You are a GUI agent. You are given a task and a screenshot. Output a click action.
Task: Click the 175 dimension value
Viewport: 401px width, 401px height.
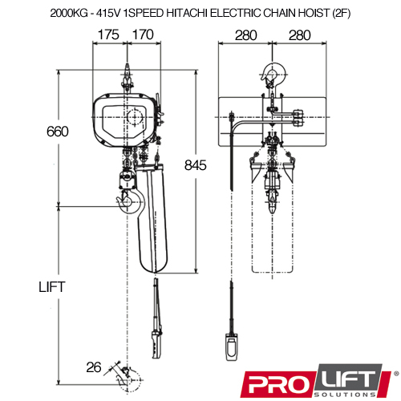click(x=108, y=34)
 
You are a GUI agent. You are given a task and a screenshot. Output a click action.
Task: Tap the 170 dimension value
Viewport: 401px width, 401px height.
click(x=143, y=34)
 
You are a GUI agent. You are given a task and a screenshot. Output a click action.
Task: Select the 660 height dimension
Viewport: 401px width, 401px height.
click(x=58, y=132)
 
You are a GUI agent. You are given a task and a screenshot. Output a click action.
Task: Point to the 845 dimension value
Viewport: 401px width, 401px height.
click(x=196, y=165)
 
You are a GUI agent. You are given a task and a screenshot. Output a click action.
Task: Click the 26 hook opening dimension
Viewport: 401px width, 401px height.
click(x=94, y=367)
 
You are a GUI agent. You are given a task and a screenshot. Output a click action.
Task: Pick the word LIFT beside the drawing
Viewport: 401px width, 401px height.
click(x=52, y=287)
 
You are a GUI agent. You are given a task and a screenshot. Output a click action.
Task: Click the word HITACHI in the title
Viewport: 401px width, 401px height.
click(x=187, y=13)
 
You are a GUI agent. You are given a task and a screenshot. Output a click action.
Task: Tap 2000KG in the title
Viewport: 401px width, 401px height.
click(x=69, y=13)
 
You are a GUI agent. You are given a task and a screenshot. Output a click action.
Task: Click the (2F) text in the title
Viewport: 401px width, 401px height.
click(x=341, y=13)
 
